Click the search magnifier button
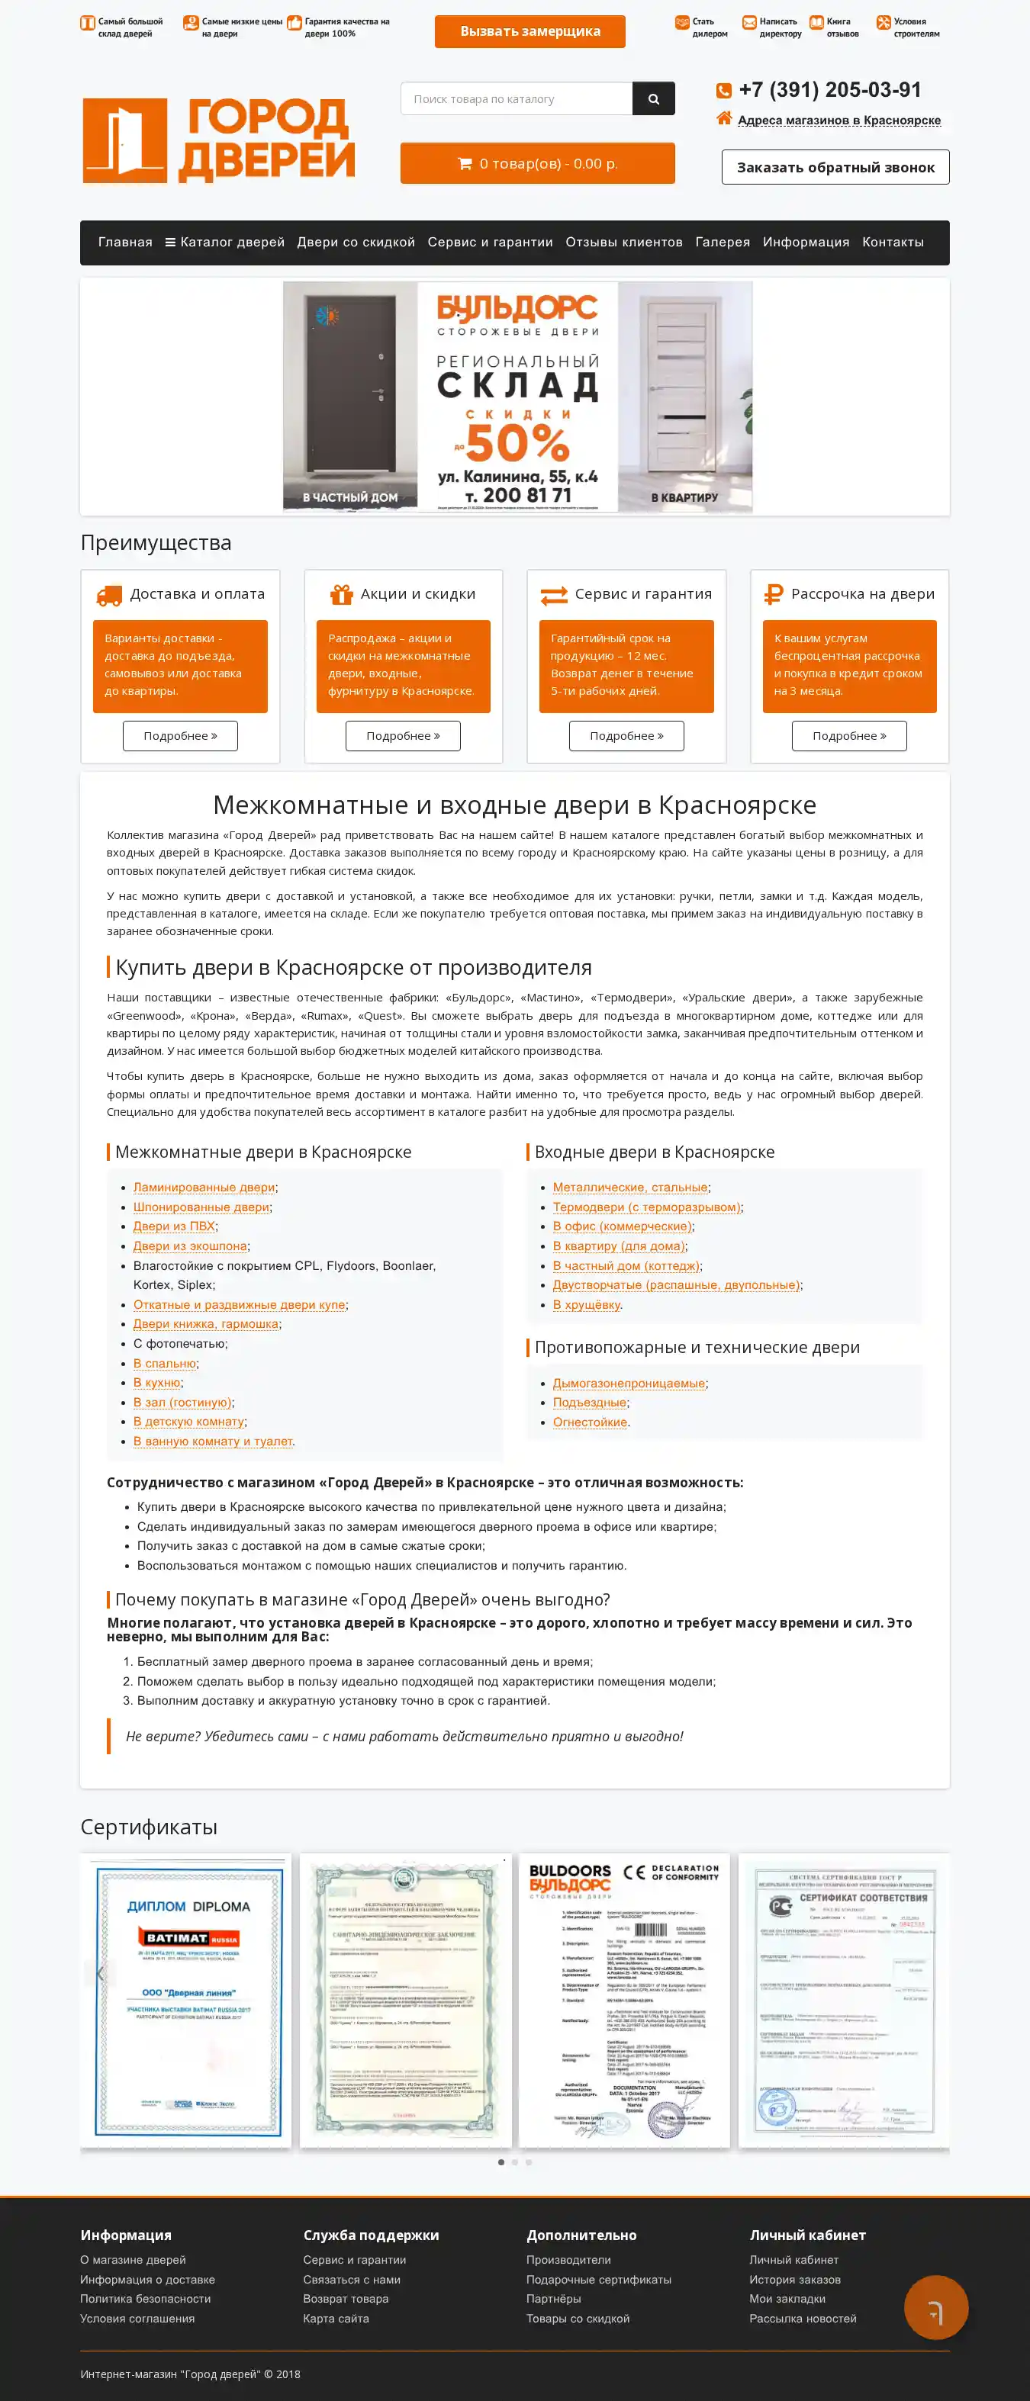click(653, 99)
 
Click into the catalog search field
click(517, 99)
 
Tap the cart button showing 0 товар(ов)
click(537, 164)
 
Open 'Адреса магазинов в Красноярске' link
click(839, 121)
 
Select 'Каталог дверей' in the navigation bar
click(224, 243)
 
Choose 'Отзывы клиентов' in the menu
click(623, 243)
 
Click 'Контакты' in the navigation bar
click(892, 243)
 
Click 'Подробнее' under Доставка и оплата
click(180, 736)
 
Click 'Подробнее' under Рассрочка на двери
click(848, 736)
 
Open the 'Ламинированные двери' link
click(204, 1188)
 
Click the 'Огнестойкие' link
click(590, 1422)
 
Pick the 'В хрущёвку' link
click(586, 1305)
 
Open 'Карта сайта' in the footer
click(336, 2318)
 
